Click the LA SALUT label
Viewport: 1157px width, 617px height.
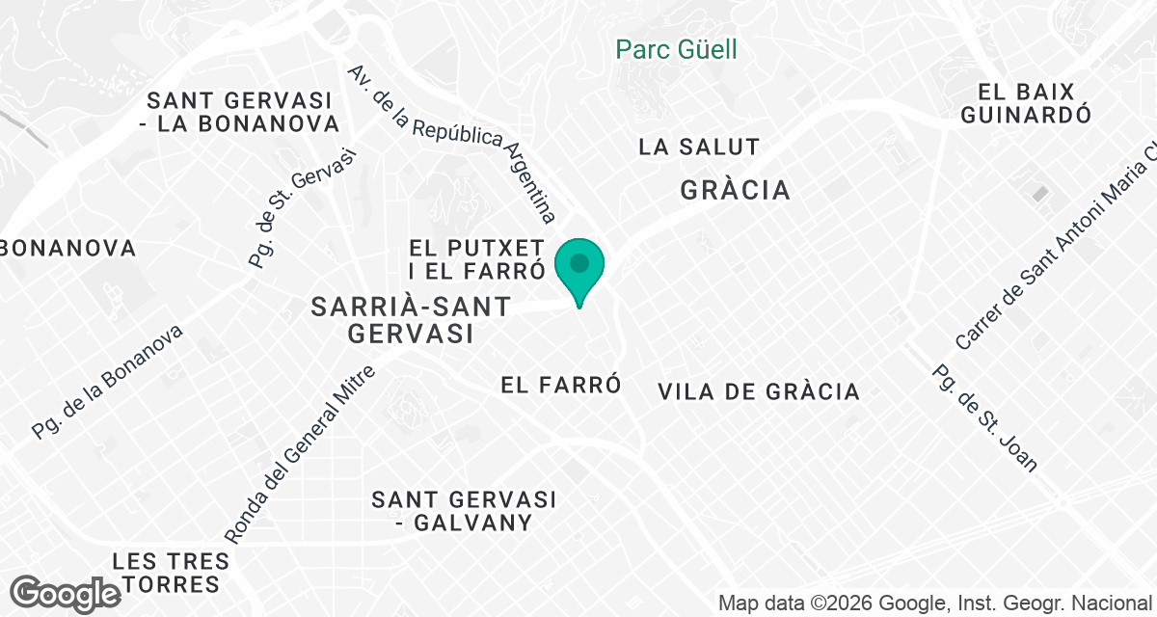pyautogui.click(x=700, y=148)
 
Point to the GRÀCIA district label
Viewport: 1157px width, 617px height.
pyautogui.click(x=735, y=190)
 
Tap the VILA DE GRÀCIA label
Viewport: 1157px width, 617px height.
pyautogui.click(x=759, y=391)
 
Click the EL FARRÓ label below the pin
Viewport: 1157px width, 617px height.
pyautogui.click(x=559, y=386)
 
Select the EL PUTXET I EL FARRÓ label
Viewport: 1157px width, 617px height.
pyautogui.click(x=478, y=258)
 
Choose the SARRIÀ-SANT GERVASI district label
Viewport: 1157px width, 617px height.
pyautogui.click(x=411, y=320)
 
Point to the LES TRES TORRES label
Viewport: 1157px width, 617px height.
pyautogui.click(x=171, y=573)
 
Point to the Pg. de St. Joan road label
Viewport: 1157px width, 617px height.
pyautogui.click(x=984, y=417)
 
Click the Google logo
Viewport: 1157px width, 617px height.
pyautogui.click(x=67, y=593)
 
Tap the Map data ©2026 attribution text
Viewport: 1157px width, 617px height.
pyautogui.click(x=935, y=604)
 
